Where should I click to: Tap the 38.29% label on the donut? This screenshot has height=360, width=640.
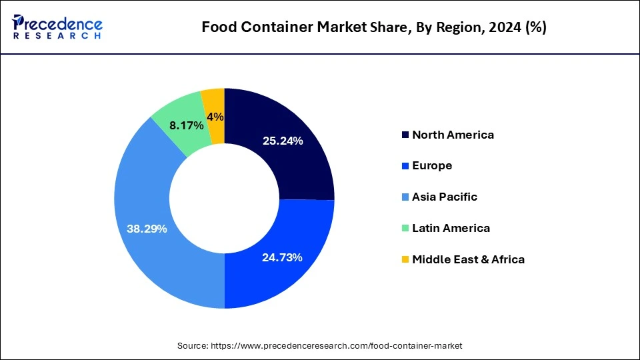click(x=147, y=229)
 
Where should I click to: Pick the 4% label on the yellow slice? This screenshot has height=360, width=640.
click(x=215, y=117)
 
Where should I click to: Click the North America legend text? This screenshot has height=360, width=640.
click(x=453, y=135)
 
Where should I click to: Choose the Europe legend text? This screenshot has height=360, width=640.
click(x=432, y=166)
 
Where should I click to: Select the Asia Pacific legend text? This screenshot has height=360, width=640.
click(x=444, y=197)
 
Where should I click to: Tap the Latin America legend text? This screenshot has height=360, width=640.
click(x=451, y=228)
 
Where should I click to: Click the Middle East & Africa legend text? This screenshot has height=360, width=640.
click(x=468, y=259)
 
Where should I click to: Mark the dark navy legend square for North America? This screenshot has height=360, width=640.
click(x=405, y=135)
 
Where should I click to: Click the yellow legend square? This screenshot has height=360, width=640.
click(x=405, y=260)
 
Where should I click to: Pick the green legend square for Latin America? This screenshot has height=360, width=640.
click(x=405, y=229)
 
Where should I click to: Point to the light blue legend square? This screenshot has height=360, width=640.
click(x=405, y=197)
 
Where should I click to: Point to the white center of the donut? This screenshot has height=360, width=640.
click(x=224, y=198)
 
